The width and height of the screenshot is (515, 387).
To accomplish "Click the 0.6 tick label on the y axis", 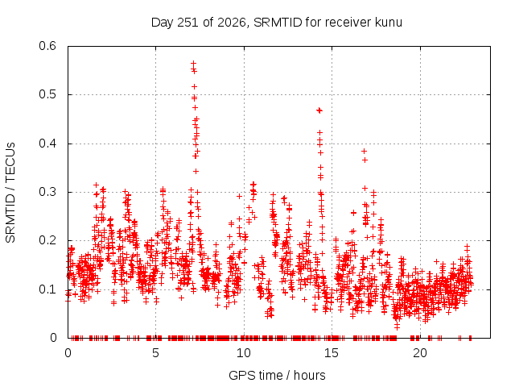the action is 47,46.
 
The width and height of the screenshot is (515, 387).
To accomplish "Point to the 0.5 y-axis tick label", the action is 47,94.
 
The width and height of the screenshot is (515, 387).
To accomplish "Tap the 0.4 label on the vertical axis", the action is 47,144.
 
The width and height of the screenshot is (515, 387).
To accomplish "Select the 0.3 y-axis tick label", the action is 47,192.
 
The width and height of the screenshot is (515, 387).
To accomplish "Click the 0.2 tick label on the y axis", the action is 47,240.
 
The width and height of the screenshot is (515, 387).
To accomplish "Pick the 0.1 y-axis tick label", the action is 47,289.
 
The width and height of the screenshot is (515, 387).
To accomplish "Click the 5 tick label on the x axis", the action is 155,353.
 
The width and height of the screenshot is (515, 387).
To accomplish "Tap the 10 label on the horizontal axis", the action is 244,353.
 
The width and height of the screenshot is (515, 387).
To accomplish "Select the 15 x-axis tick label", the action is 332,353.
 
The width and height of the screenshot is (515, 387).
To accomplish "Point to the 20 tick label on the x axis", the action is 420,353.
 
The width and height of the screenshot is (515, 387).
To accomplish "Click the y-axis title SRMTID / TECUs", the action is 10,193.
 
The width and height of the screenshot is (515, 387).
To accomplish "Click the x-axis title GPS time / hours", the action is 277,376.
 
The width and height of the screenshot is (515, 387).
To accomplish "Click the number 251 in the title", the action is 187,23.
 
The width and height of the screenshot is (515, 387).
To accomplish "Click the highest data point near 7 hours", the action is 193,63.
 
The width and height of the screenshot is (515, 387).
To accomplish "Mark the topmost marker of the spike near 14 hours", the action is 319,110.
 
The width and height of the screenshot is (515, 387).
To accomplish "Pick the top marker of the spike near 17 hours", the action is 364,151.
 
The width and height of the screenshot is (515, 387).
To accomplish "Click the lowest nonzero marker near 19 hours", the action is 397,326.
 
